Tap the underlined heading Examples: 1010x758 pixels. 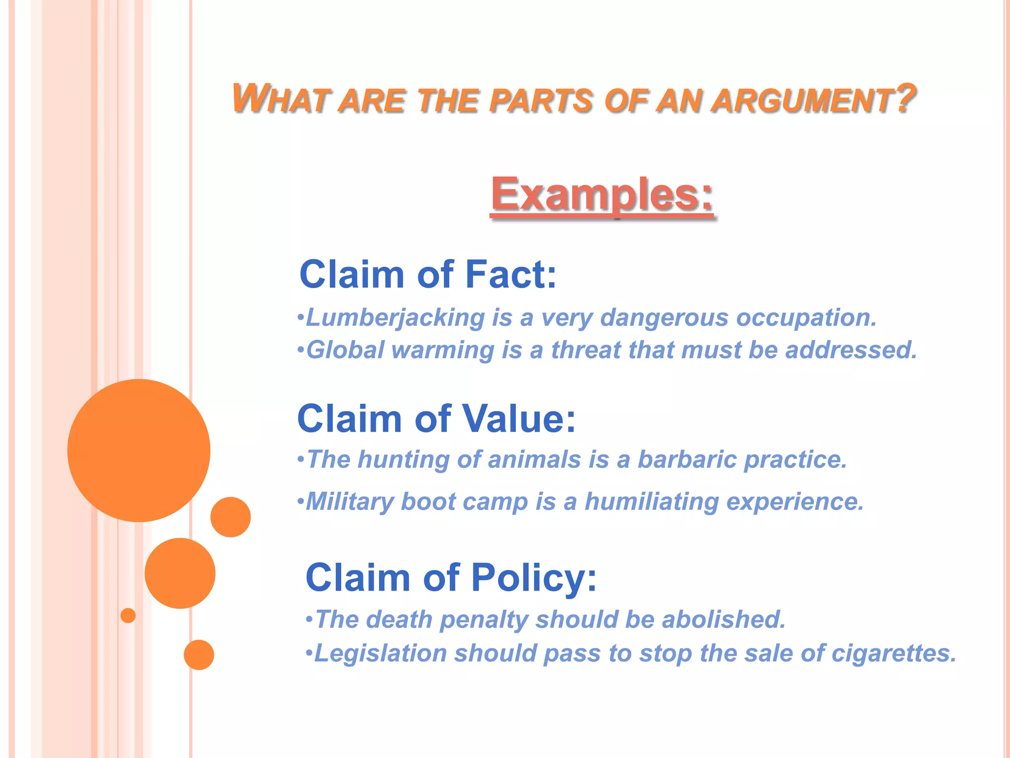coord(602,194)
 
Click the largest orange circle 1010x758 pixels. coord(139,450)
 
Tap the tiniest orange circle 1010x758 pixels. coord(128,615)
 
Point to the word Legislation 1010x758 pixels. coord(380,653)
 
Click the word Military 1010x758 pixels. coord(349,502)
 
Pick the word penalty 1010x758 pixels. coord(484,620)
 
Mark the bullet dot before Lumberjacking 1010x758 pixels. coord(300,317)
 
